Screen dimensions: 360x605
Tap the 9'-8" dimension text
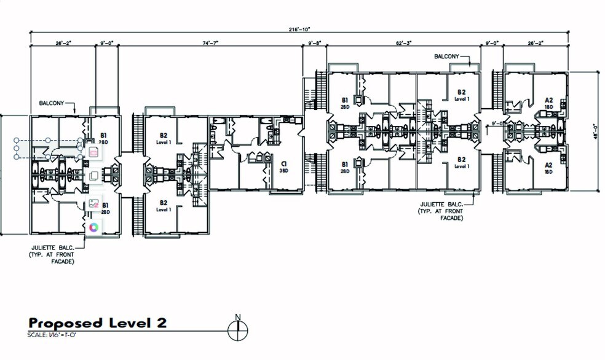pos(315,43)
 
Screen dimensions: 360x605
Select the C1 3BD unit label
pos(283,167)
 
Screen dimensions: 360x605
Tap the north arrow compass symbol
pos(237,329)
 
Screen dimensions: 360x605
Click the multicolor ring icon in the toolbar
pos(94,227)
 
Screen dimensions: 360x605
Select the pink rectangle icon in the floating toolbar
pos(94,152)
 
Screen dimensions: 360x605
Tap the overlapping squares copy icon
pos(94,176)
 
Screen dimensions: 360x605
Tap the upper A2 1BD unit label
pos(549,103)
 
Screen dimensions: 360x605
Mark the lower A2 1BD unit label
pos(549,168)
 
